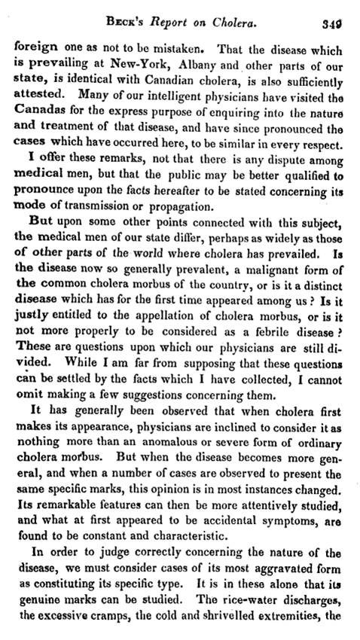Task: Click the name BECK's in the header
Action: click(144, 14)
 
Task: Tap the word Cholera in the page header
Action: click(245, 14)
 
